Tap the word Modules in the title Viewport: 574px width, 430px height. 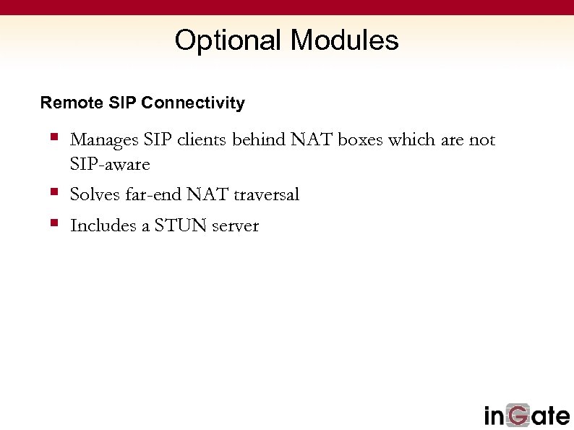pyautogui.click(x=344, y=40)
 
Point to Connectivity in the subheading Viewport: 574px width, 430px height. pyautogui.click(x=193, y=103)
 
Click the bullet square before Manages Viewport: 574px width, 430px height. pyautogui.click(x=54, y=136)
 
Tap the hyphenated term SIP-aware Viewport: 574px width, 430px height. pyautogui.click(x=110, y=165)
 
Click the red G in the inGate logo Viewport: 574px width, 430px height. pyautogui.click(x=519, y=416)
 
